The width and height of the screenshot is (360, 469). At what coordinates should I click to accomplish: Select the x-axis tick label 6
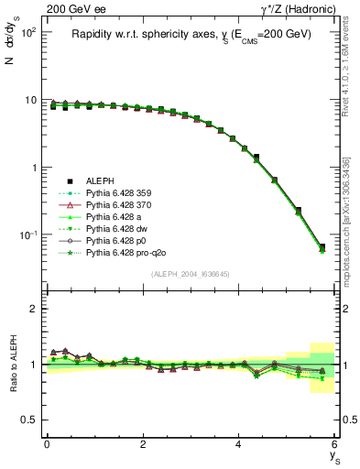click(x=335, y=443)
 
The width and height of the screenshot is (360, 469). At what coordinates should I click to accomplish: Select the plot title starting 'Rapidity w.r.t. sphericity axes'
click(x=191, y=34)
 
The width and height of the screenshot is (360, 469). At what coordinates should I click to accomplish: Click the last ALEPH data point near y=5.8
click(x=322, y=247)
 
